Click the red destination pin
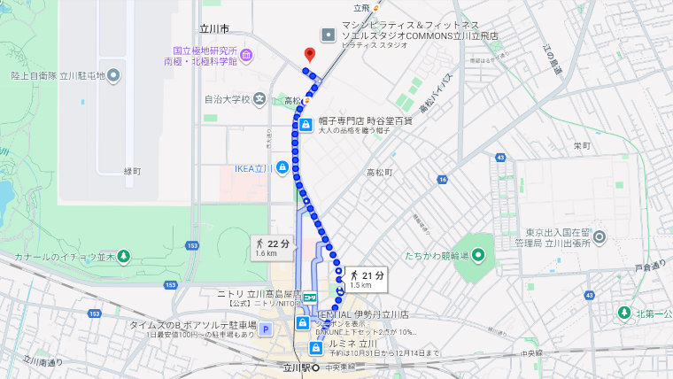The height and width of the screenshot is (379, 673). pos(309,55)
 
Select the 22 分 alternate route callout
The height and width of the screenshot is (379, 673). pos(272,248)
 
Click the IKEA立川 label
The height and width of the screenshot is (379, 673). pos(254,167)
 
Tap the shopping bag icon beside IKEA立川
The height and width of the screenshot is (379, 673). pos(282,167)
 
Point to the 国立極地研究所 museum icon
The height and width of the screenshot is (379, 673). pos(246,57)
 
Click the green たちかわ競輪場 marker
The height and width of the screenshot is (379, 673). pos(479,256)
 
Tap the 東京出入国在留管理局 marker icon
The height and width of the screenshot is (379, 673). pos(599,236)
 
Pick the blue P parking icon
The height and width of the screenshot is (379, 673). pos(265,329)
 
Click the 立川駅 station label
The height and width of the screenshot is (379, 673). pos(292,367)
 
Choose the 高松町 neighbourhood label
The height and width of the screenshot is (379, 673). pos(379,172)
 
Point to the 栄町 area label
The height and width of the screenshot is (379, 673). pos(582,146)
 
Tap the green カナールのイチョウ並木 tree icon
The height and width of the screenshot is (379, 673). pos(124,257)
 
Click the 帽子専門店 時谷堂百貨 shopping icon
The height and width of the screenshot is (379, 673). pos(306,125)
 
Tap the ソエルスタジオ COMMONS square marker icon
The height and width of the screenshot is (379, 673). pos(329,34)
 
